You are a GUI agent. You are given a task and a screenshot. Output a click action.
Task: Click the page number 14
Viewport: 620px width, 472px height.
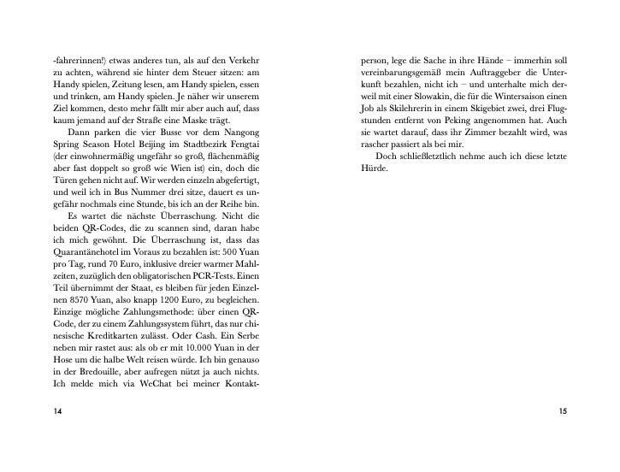coord(58,411)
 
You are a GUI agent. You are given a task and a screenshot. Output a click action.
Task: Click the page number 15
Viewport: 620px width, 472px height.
coord(562,411)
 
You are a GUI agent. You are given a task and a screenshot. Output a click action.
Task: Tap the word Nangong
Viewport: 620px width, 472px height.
coord(240,133)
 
